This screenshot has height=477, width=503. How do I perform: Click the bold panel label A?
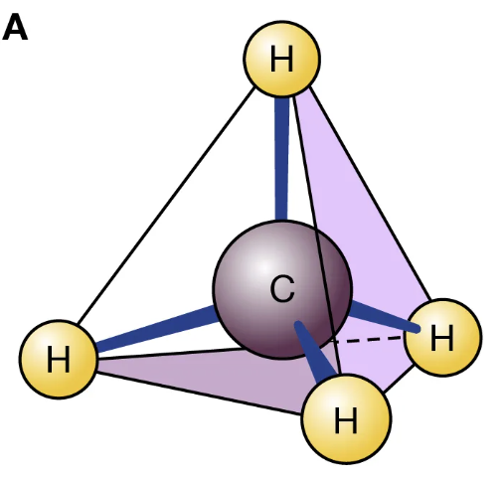click(15, 28)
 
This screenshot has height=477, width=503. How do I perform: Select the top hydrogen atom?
click(282, 59)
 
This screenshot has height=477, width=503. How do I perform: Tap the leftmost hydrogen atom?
click(59, 359)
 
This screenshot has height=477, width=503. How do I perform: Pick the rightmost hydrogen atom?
click(442, 337)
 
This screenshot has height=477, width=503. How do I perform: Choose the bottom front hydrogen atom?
click(346, 419)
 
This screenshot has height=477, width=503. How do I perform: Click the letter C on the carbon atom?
click(282, 289)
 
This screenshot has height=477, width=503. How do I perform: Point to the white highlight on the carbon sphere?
click(263, 266)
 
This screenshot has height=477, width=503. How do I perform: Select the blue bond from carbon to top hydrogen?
click(281, 158)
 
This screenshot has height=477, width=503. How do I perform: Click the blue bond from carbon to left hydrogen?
click(156, 329)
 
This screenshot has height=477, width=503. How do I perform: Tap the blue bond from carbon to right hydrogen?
click(385, 316)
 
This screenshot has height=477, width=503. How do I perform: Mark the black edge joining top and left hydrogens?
click(166, 205)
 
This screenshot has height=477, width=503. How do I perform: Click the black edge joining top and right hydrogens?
click(370, 195)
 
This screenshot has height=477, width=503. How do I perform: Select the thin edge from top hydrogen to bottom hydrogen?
click(316, 235)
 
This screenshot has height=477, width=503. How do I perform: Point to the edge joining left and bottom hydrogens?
click(199, 394)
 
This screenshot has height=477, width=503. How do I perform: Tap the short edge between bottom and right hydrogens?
click(399, 379)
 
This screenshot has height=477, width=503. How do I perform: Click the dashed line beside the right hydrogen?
click(368, 339)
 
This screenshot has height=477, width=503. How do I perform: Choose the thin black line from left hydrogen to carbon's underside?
click(171, 353)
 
